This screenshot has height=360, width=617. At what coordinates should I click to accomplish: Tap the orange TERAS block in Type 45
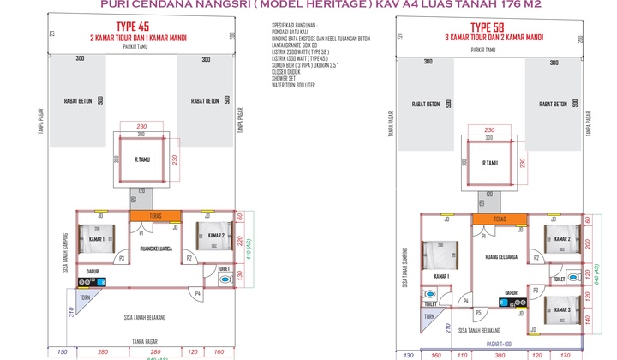156,216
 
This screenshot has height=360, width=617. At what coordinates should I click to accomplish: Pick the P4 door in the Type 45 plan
198,293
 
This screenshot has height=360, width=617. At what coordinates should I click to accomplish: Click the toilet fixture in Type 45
225,279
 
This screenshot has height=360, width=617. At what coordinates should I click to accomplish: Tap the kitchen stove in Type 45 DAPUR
87,281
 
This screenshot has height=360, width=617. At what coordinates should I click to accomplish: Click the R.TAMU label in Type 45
143,160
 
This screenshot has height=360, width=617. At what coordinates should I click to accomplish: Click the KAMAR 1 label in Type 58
442,276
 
